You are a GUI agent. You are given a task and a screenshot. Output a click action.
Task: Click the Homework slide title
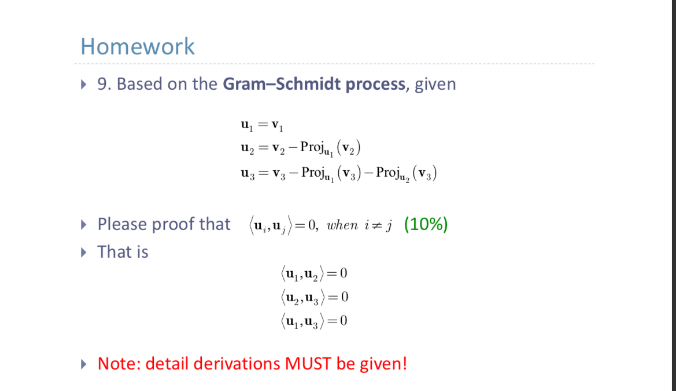click(x=138, y=46)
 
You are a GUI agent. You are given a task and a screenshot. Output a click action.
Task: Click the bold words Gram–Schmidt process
click(x=314, y=84)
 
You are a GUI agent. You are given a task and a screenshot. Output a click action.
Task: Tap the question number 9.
click(x=103, y=85)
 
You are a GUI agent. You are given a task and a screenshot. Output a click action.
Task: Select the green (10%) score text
click(x=426, y=224)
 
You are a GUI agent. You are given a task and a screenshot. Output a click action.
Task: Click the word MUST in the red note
click(x=308, y=364)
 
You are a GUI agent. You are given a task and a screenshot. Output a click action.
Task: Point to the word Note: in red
click(x=119, y=364)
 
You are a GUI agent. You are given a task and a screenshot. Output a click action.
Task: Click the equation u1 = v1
click(x=261, y=125)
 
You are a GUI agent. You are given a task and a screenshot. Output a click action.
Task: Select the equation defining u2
click(x=301, y=148)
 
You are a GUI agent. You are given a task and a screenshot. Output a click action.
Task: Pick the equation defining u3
click(x=338, y=173)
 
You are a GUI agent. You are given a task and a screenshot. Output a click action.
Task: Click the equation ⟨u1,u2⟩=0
click(x=313, y=273)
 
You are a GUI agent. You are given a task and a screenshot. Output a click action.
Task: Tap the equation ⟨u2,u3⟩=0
click(x=315, y=297)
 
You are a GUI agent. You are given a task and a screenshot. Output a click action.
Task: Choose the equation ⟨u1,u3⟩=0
click(x=313, y=321)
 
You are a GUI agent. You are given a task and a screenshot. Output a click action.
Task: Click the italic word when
click(x=342, y=225)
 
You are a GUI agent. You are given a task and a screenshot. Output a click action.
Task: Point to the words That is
click(x=123, y=252)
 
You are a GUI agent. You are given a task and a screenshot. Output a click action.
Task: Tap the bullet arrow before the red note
click(x=86, y=364)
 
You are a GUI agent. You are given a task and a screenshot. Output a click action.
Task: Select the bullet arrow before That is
click(x=86, y=252)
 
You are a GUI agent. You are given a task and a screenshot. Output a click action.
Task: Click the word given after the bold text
click(x=435, y=85)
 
